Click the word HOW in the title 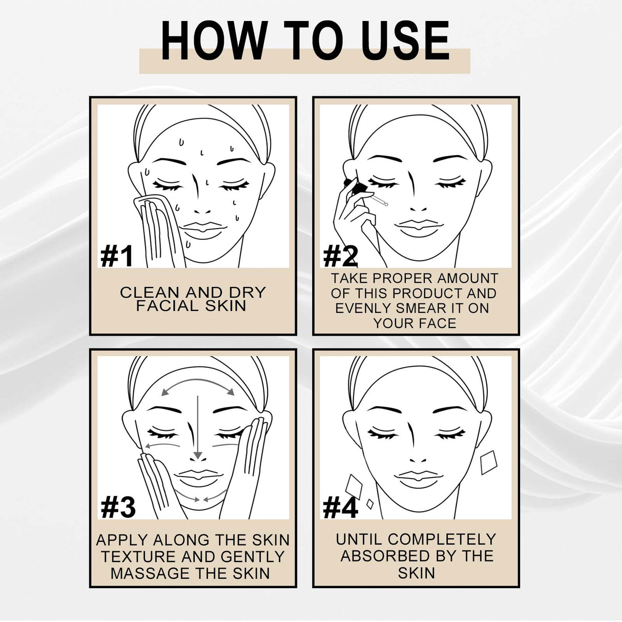(213, 42)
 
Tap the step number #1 (117, 256)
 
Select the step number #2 (340, 256)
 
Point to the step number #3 (118, 507)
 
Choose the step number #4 (340, 507)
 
